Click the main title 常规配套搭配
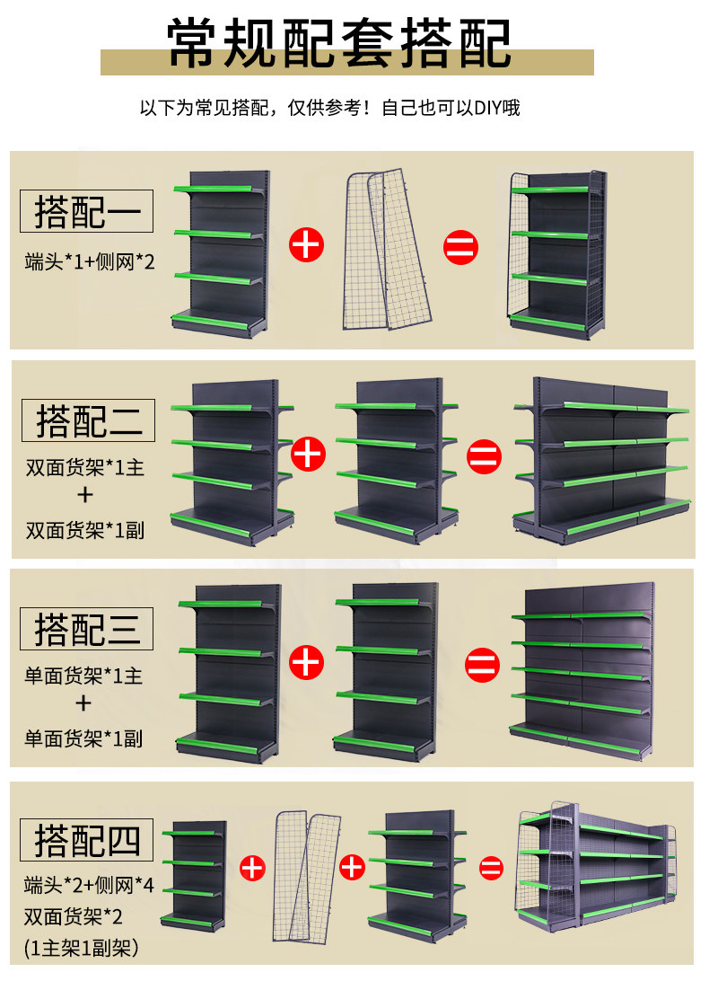pyautogui.click(x=340, y=43)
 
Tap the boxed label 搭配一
pyautogui.click(x=87, y=212)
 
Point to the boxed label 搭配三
pyautogui.click(x=87, y=629)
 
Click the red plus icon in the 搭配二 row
pyautogui.click(x=308, y=453)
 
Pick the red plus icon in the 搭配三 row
pyautogui.click(x=307, y=662)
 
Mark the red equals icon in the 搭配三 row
pyautogui.click(x=482, y=665)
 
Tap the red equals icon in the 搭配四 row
pyautogui.click(x=490, y=868)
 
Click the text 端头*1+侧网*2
pyautogui.click(x=90, y=262)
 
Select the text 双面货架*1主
pyautogui.click(x=84, y=468)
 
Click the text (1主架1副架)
pyautogui.click(x=83, y=946)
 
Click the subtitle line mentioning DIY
pyautogui.click(x=329, y=109)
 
